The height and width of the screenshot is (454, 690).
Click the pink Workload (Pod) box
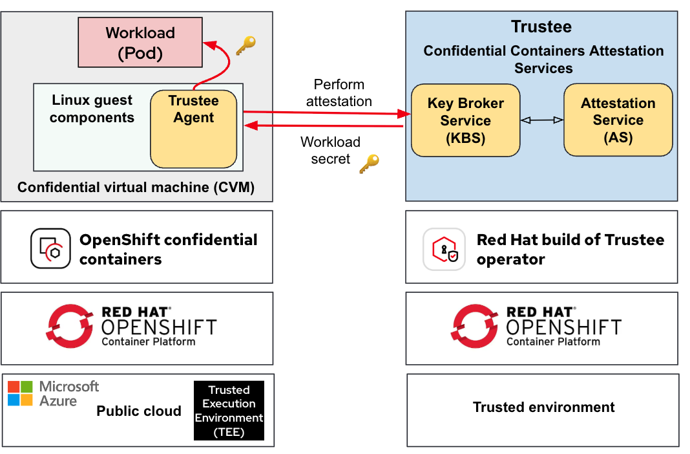coord(140,43)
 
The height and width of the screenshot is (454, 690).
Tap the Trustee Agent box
coord(193,129)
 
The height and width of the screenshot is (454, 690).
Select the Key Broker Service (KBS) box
coord(465,120)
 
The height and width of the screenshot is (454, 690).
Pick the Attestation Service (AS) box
coord(618,120)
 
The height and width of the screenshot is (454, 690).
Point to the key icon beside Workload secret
coord(369,164)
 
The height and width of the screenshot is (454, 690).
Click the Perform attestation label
coord(339,93)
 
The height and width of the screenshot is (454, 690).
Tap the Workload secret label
coord(330,151)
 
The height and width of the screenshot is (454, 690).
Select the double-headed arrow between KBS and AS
coord(541,120)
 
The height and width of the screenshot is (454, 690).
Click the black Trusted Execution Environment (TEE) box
coord(229,411)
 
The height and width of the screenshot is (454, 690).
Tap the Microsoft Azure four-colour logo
coord(20,393)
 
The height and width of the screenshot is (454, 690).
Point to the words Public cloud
coord(139,411)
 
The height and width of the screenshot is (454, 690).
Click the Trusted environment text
coord(543,407)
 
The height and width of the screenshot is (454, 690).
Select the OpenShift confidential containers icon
coord(50,248)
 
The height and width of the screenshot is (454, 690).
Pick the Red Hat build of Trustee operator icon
coord(444,249)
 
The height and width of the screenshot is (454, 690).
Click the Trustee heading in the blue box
coord(541,27)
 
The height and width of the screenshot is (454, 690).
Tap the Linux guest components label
coord(92,109)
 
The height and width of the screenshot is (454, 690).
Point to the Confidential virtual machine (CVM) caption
coord(136,188)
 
